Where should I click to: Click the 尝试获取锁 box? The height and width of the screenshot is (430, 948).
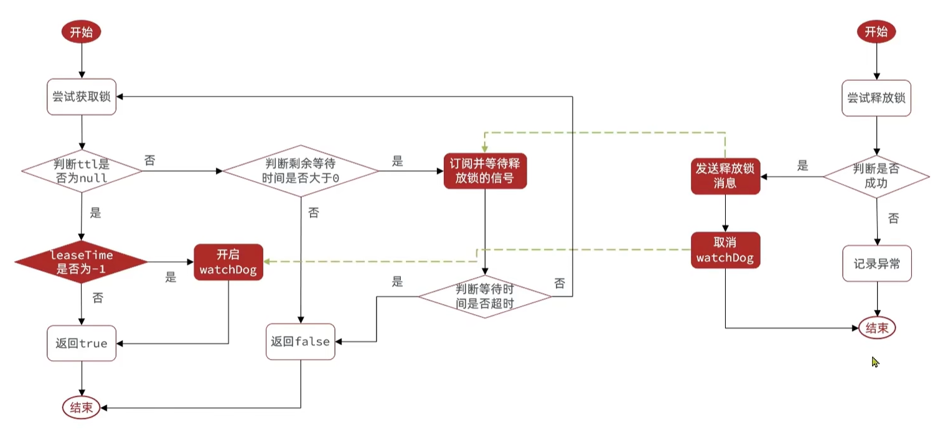pyautogui.click(x=82, y=97)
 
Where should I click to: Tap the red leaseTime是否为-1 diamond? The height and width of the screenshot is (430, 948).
pyautogui.click(x=82, y=261)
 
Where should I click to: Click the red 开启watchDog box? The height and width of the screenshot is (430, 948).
pyautogui.click(x=227, y=262)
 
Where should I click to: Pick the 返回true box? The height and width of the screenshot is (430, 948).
pyautogui.click(x=82, y=343)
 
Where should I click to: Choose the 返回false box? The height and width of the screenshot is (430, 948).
pyautogui.click(x=300, y=342)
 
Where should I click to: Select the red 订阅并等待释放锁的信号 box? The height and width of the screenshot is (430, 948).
pyautogui.click(x=485, y=171)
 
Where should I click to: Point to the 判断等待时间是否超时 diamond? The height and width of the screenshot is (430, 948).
pyautogui.click(x=484, y=297)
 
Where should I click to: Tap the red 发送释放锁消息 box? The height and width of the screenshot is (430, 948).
pyautogui.click(x=725, y=176)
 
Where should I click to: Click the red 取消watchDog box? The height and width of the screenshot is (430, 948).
pyautogui.click(x=725, y=250)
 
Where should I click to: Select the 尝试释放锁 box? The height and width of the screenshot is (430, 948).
pyautogui.click(x=876, y=98)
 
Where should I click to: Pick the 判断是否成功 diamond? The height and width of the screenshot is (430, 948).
pyautogui.click(x=876, y=177)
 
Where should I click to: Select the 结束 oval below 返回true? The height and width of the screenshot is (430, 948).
pyautogui.click(x=82, y=408)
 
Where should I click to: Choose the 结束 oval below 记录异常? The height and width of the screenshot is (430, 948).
pyautogui.click(x=877, y=328)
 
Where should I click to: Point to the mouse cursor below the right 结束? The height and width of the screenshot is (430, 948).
pyautogui.click(x=875, y=362)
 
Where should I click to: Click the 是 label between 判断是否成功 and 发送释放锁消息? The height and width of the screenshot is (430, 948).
pyautogui.click(x=802, y=166)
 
